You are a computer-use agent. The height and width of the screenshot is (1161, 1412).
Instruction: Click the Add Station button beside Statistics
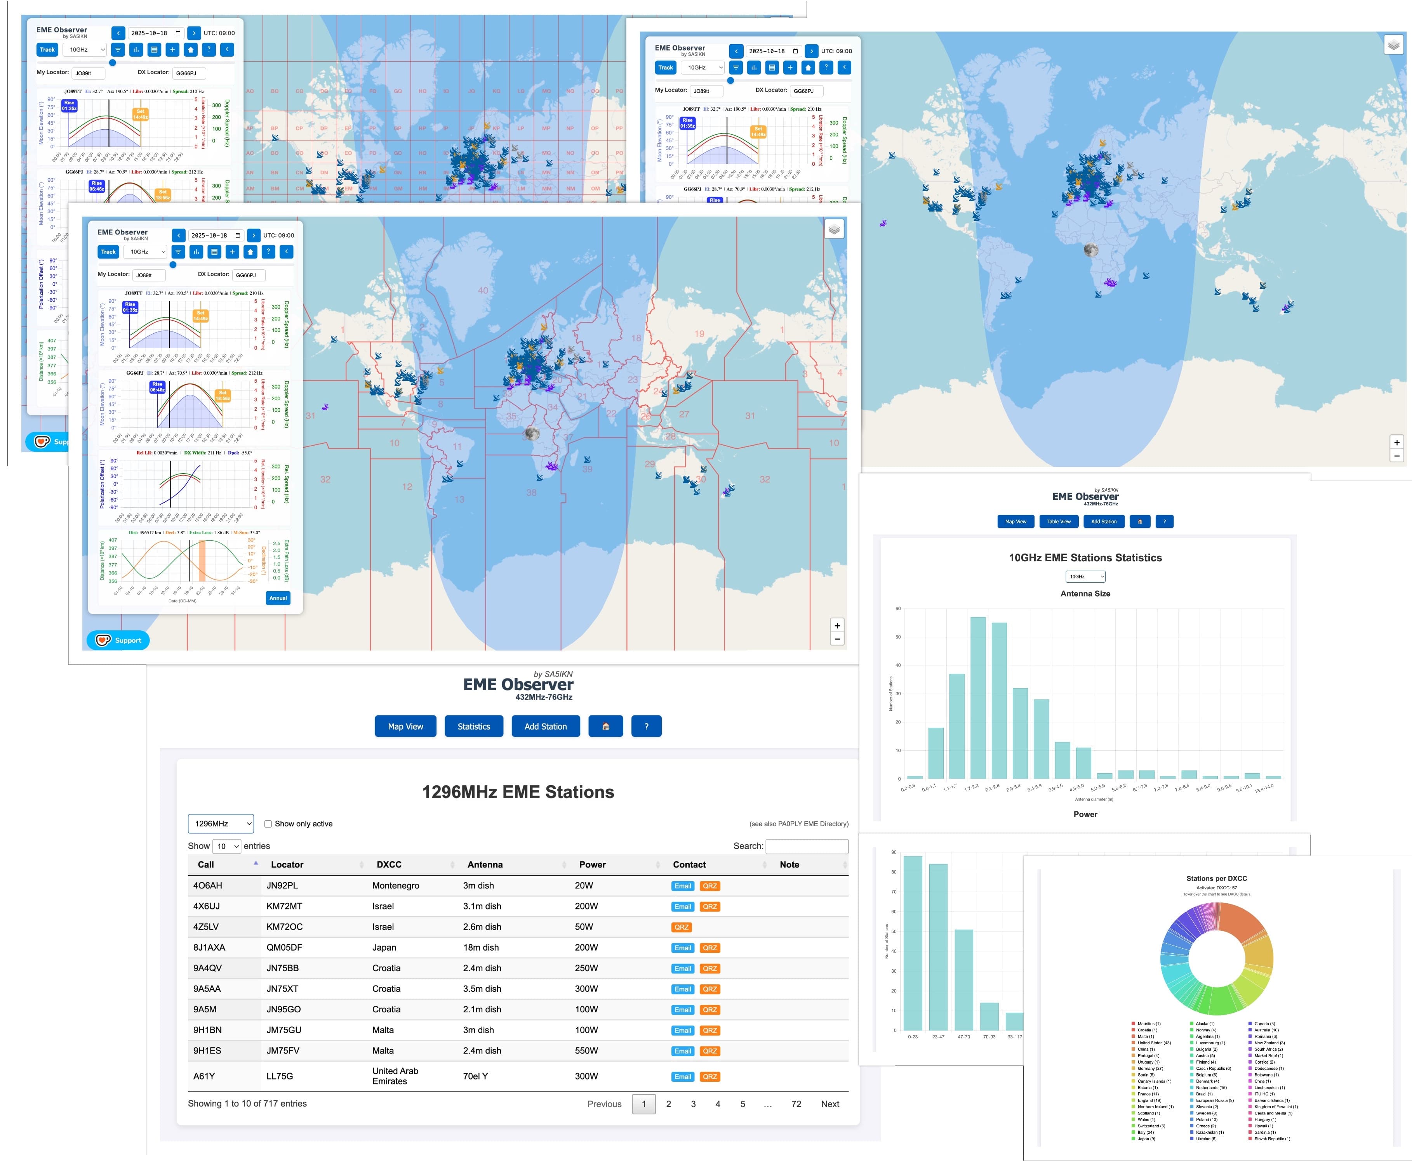545,726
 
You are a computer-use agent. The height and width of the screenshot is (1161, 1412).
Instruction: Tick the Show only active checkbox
268,824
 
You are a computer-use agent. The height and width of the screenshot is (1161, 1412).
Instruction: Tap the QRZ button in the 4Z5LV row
681,927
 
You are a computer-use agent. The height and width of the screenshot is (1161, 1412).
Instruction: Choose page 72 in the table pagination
796,1104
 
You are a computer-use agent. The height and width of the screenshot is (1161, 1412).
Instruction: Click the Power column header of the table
592,865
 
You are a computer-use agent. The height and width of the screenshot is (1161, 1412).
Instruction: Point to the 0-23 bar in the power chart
912,943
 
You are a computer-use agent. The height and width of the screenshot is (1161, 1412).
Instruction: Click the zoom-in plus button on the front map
836,625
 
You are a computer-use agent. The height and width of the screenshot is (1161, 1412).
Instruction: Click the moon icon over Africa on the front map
532,433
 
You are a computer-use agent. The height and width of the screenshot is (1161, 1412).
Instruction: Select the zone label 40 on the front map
482,290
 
